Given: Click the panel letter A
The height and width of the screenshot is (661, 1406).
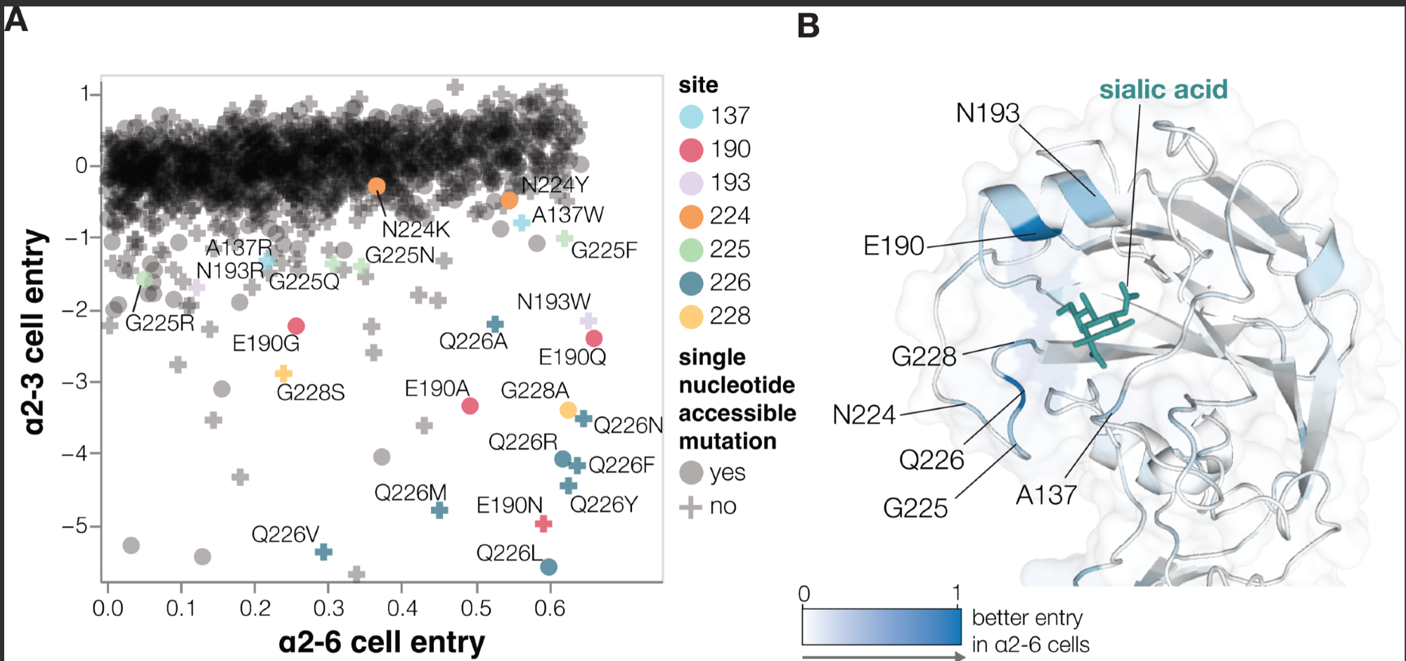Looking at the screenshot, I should click(16, 19).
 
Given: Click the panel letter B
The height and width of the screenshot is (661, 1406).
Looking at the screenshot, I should click(808, 26).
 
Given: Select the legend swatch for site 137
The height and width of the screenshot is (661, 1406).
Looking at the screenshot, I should click(691, 117).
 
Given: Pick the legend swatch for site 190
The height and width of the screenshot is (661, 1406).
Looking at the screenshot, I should click(691, 150).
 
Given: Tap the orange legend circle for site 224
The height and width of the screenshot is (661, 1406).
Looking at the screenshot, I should click(691, 217).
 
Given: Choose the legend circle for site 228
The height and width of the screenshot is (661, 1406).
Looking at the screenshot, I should click(691, 317).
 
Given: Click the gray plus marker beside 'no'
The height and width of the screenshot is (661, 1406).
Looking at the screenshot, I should click(691, 506).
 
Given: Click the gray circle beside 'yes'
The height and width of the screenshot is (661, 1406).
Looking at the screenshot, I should click(691, 473).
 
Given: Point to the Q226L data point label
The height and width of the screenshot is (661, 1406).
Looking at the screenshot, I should click(509, 553).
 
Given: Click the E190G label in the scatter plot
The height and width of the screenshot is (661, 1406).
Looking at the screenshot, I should click(266, 344).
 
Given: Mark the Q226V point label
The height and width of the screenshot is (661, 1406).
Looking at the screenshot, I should click(285, 534).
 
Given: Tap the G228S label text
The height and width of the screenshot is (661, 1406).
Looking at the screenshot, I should click(310, 392).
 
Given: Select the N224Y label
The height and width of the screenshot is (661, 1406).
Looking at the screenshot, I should click(555, 185).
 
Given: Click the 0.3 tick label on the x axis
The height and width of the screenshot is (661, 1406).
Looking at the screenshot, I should click(328, 608).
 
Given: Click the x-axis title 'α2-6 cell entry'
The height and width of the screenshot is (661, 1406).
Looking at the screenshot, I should click(381, 642).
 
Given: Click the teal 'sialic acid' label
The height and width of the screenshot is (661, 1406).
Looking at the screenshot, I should click(1163, 90).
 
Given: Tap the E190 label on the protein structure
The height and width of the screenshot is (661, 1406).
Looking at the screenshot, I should click(893, 246).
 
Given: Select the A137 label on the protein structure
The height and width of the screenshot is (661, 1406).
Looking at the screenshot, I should click(1046, 496).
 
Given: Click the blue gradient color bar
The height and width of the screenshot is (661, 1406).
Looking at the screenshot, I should click(882, 626).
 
